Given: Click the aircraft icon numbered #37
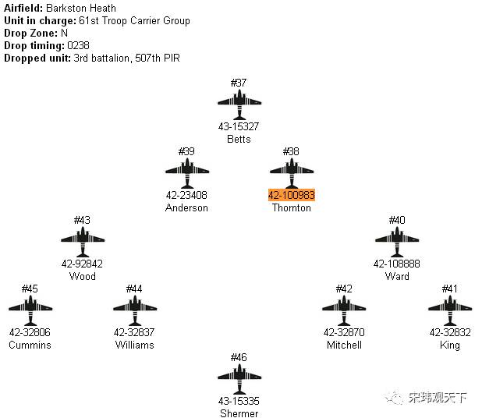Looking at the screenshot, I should (x=239, y=101).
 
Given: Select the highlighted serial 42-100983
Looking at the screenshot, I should (x=292, y=195).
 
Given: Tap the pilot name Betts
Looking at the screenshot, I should (x=239, y=139).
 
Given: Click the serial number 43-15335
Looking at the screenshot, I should (x=239, y=401).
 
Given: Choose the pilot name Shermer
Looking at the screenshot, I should (x=239, y=413).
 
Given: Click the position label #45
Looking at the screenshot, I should (x=30, y=289).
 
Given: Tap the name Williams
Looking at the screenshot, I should (x=134, y=345).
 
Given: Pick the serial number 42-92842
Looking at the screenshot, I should (x=82, y=264).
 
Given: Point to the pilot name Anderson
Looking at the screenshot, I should (x=187, y=207).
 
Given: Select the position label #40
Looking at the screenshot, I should (x=397, y=220).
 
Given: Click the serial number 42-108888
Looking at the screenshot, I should (x=397, y=264).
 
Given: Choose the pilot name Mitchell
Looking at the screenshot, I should (x=344, y=345).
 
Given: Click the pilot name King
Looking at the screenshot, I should (x=450, y=345).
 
